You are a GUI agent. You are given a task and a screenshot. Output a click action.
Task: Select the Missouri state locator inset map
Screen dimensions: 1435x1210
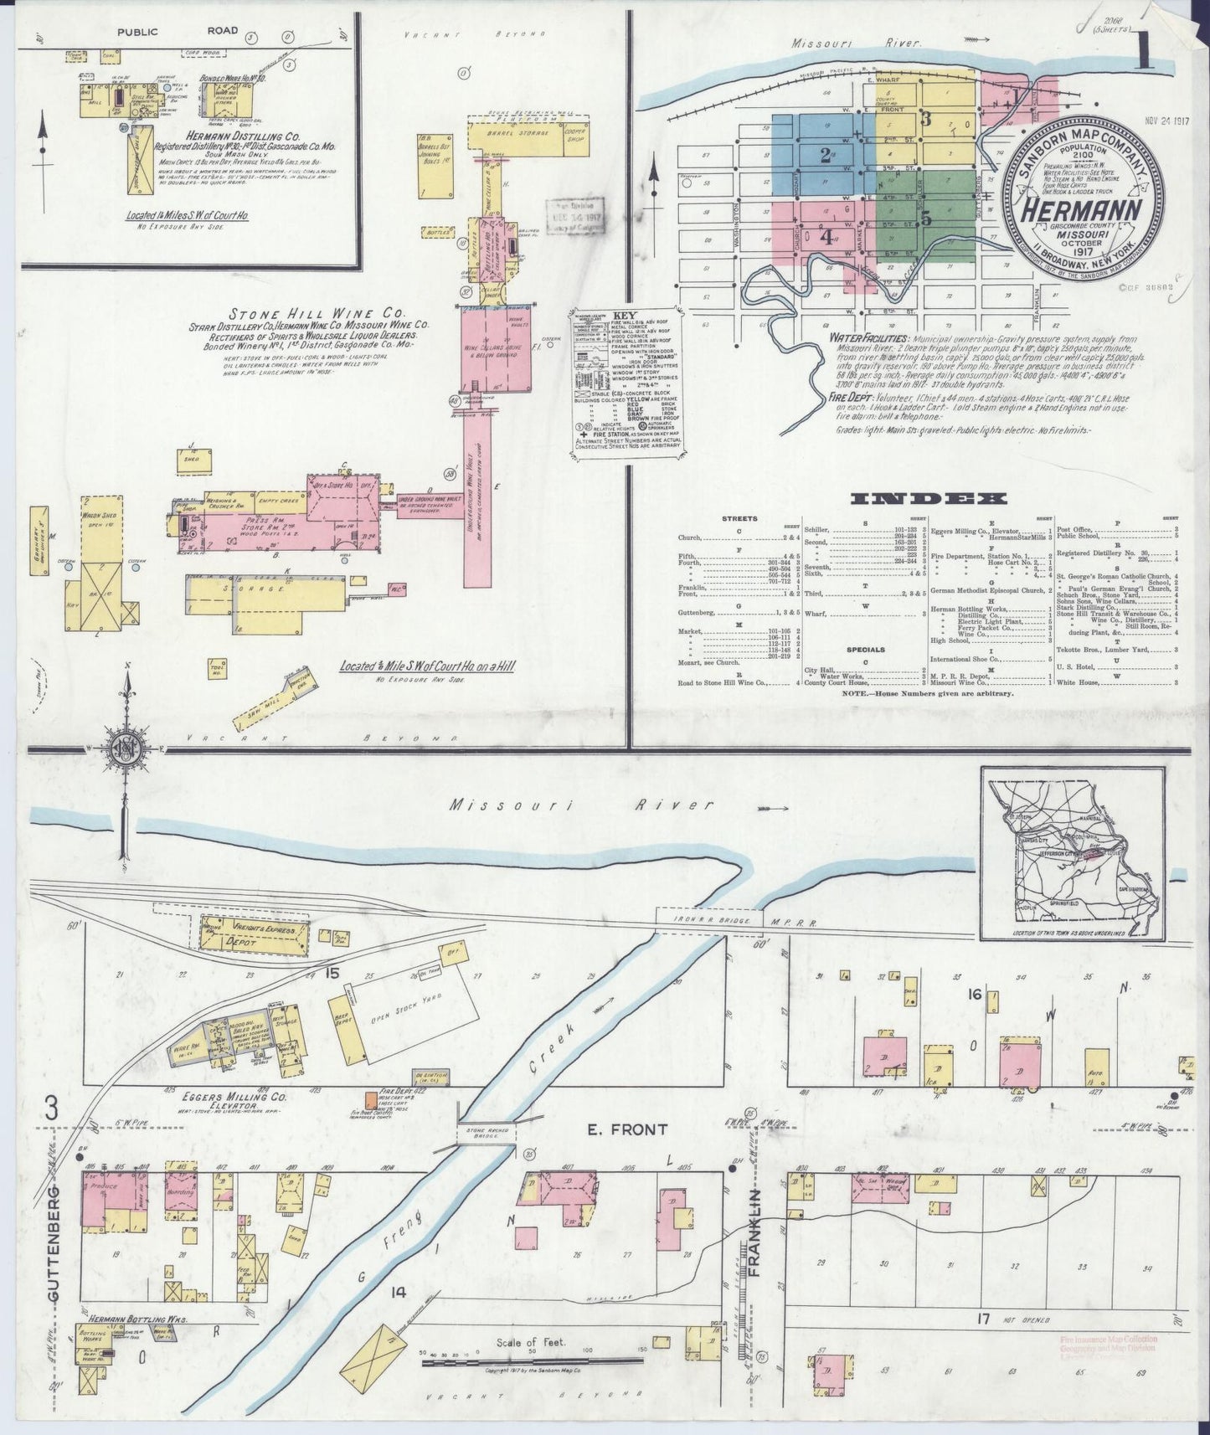[x=1074, y=860]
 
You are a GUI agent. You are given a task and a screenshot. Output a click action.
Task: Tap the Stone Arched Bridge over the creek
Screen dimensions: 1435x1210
[x=487, y=1133]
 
